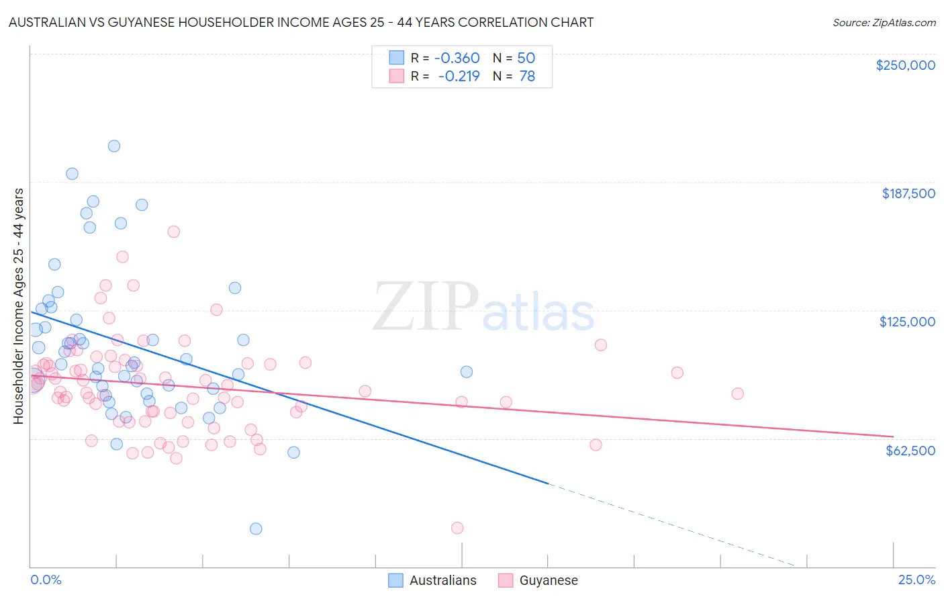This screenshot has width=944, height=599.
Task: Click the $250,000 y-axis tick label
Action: tap(905, 65)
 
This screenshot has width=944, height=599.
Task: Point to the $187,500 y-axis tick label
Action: tap(908, 193)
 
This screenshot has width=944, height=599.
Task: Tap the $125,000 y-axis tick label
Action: tap(907, 322)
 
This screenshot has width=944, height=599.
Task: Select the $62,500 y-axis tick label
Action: tap(910, 451)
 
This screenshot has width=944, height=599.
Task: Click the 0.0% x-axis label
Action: tap(46, 580)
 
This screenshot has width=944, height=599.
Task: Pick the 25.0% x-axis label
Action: tap(916, 580)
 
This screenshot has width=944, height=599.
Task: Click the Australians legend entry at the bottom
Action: tap(433, 580)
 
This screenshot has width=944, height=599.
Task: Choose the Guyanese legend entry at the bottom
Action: tap(538, 580)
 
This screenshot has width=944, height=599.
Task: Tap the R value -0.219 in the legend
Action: tap(459, 77)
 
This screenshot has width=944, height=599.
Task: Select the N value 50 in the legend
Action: tap(526, 58)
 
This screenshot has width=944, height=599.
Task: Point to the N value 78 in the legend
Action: tap(527, 77)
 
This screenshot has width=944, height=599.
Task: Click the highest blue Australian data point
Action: tap(114, 146)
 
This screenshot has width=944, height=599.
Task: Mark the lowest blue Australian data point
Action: tap(256, 528)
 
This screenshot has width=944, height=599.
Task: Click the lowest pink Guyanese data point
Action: tap(457, 528)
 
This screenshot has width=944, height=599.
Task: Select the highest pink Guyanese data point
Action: tap(174, 232)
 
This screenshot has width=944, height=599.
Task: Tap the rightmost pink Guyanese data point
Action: tap(737, 394)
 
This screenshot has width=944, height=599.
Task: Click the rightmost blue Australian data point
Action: tap(467, 372)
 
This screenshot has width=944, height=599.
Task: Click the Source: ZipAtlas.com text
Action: tap(884, 23)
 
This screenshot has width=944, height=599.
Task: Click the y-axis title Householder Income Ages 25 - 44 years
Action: tap(19, 306)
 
